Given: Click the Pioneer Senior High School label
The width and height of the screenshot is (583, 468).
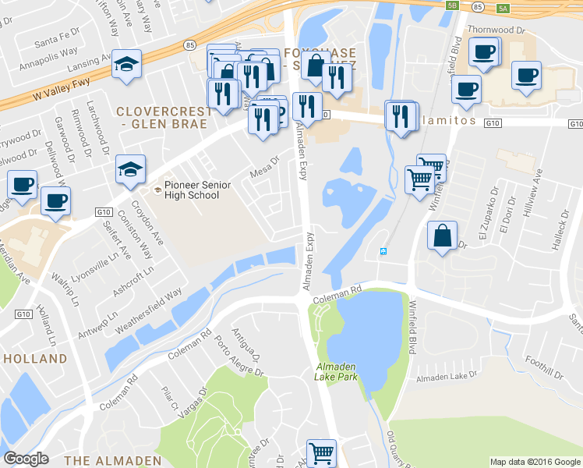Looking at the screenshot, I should tap(192, 190).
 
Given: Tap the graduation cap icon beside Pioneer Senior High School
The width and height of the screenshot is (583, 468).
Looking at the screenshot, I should tap(130, 169).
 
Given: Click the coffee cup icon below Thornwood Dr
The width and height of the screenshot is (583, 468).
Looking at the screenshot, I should tap(484, 53).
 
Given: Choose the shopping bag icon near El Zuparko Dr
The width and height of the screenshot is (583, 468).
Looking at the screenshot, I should tap(442, 236).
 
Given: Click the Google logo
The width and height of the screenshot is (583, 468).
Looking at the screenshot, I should tap(26, 459).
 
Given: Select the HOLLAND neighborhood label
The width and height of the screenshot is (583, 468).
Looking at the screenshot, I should tap(35, 359).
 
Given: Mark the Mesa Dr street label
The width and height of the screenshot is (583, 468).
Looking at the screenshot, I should tap(263, 165).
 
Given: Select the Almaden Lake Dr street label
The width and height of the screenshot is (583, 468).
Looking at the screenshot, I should tap(447, 378).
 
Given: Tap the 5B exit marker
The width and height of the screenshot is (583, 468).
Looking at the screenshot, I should tap(453, 5).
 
